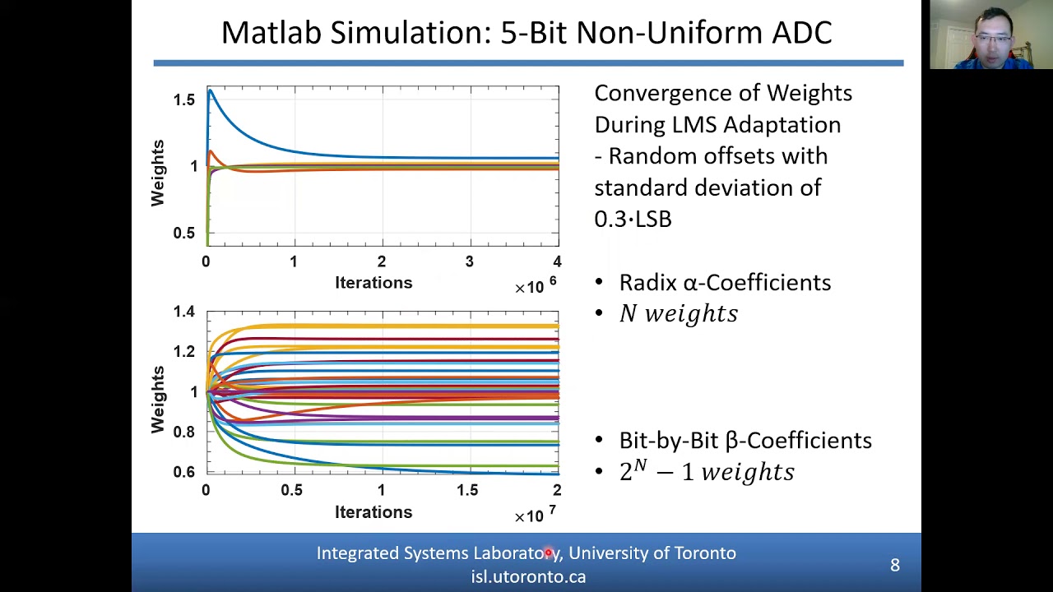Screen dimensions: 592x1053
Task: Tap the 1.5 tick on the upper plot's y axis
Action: coord(183,99)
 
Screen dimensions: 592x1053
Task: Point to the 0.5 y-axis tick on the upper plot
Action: coord(183,234)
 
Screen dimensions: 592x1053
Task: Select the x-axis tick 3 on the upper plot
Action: coord(470,261)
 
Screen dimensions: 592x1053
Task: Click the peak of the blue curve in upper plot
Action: coord(211,90)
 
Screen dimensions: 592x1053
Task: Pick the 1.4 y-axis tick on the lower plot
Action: coord(183,312)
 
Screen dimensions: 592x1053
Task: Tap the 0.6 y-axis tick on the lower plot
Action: coord(183,472)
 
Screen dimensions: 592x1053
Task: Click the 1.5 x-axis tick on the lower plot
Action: coord(467,490)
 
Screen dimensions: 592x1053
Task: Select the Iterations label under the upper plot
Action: coord(373,283)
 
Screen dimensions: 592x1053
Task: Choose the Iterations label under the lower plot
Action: coord(373,512)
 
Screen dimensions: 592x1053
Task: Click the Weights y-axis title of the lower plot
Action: coord(158,400)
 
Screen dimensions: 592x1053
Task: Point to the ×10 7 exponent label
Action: coord(535,515)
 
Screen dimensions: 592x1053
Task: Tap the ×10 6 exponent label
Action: coord(535,285)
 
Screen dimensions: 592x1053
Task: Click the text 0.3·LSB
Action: coord(633,220)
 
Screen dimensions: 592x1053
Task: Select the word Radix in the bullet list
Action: coord(647,283)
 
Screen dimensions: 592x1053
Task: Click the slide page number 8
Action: coord(895,565)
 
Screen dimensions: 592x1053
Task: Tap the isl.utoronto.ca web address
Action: coord(528,576)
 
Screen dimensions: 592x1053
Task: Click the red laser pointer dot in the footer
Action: coord(549,553)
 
